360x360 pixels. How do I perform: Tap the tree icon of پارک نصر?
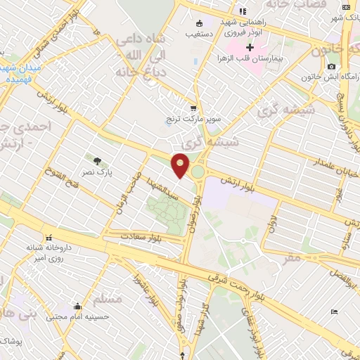(x=88, y=160)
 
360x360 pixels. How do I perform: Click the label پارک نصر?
(x=101, y=170)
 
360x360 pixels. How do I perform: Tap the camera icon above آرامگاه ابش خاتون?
(x=330, y=66)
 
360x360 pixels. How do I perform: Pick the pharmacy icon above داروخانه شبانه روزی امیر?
(x=50, y=237)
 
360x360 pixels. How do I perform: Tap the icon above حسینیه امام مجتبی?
(x=77, y=307)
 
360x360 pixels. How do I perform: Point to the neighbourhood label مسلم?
(x=108, y=300)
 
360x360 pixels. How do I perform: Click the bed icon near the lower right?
(x=335, y=311)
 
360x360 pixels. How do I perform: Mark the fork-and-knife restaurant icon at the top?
(x=243, y=11)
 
